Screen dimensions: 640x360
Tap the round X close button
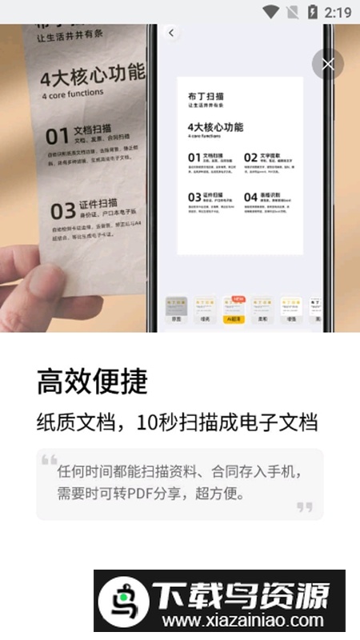(x=327, y=64)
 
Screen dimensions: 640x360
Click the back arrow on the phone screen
(x=171, y=33)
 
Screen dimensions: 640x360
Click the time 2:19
(x=338, y=12)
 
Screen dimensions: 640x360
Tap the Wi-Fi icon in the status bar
(x=271, y=12)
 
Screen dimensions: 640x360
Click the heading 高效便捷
(x=92, y=382)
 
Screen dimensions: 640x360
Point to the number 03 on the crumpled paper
(x=62, y=211)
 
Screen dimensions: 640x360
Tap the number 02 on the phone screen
(x=250, y=158)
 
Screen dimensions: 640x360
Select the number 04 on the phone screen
(x=250, y=196)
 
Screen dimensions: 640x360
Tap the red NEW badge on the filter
(x=238, y=298)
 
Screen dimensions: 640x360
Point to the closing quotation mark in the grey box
(x=305, y=506)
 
